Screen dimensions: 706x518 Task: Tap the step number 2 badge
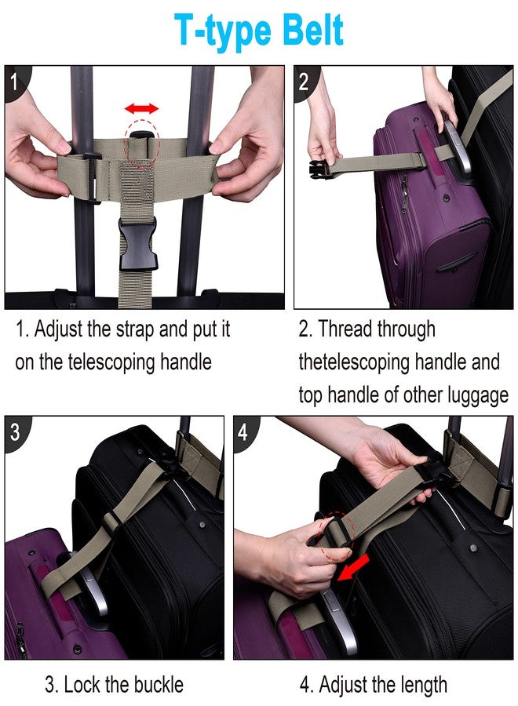[305, 80]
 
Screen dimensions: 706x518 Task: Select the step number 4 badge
[244, 431]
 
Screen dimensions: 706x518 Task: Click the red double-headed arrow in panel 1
[142, 107]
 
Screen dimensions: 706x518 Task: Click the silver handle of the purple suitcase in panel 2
[458, 149]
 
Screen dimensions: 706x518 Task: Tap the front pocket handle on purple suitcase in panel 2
[456, 263]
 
